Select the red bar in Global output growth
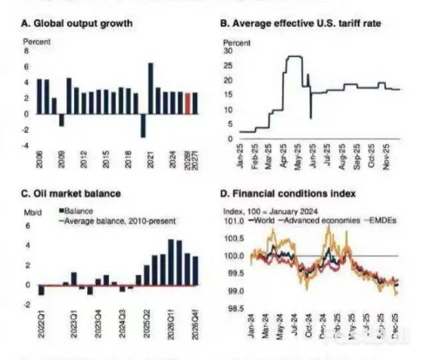[188, 103]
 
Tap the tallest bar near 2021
[150, 88]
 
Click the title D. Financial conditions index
[288, 194]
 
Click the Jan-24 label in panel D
[252, 324]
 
